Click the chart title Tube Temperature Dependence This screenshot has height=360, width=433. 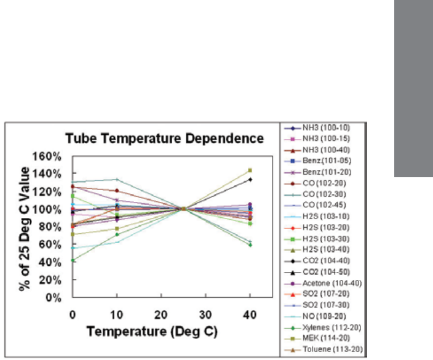tap(168, 138)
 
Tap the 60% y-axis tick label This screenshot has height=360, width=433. tap(51, 244)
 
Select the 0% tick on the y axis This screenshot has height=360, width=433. tap(54, 297)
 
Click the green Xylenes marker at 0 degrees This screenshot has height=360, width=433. tap(72, 260)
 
